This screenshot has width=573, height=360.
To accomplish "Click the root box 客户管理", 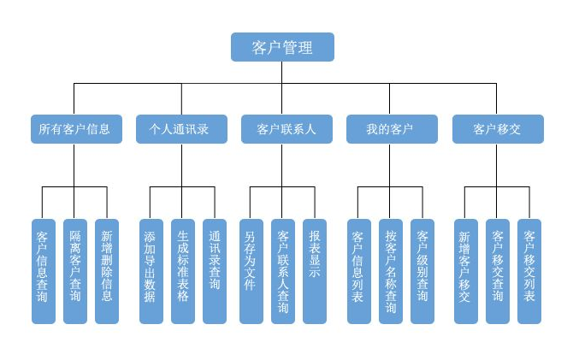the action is pos(282,47).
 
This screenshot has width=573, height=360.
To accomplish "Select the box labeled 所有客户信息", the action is pos(76,129).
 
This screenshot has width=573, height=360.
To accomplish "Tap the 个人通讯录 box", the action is pos(181,129).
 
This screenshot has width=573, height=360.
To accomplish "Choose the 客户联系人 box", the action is pos(286,129).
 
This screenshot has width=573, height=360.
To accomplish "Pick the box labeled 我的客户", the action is pos(392,129).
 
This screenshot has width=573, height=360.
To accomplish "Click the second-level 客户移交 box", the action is pos(498,129).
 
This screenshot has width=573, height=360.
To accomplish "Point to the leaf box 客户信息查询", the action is pos(44,271).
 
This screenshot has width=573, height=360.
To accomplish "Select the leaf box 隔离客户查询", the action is pos(75,271).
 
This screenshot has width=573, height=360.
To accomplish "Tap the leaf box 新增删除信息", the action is pos(107,271).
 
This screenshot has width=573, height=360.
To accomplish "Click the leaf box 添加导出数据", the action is pos(151,271).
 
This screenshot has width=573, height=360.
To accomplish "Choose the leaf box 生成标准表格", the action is pos(183,271).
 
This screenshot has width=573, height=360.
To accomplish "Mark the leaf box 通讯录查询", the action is pos(215,271).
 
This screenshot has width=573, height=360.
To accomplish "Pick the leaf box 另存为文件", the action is pos(251,271).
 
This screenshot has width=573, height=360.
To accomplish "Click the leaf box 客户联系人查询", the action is pos(283,271).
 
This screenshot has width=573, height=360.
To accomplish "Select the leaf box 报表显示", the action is pos(315,271).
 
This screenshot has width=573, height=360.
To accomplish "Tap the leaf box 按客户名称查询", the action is pos(391,271).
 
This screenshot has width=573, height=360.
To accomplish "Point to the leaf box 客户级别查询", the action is pos(422,271).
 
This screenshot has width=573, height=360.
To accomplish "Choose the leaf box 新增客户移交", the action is pos(466,271).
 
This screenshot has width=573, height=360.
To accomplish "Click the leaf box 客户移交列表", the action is pos(529,271).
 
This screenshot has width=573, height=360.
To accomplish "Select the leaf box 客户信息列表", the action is pos(359,271).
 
